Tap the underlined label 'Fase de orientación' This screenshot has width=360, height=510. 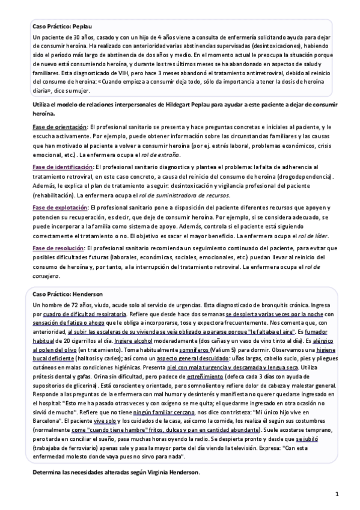(x=59, y=127)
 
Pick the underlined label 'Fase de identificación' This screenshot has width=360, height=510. (x=63, y=167)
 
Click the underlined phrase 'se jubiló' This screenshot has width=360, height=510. (x=307, y=440)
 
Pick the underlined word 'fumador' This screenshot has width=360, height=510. (x=318, y=332)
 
